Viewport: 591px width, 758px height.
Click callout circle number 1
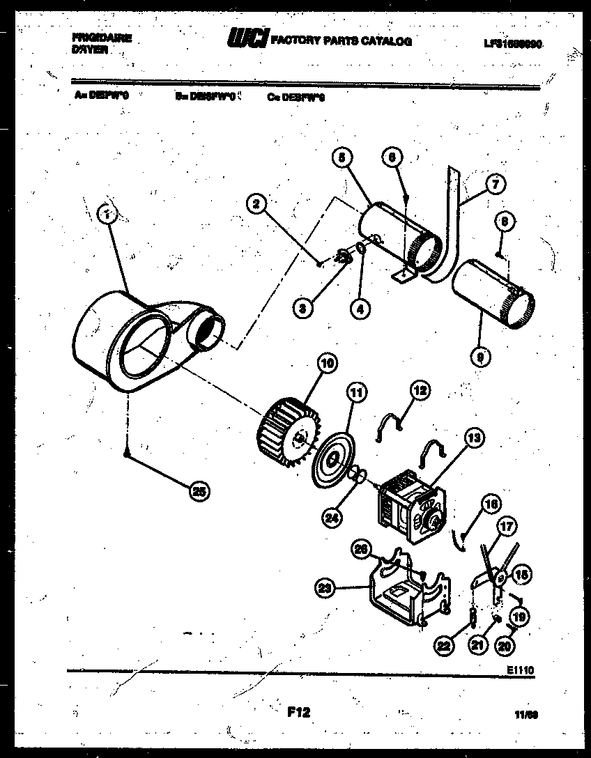coord(107,215)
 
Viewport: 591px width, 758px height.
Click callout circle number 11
coord(356,394)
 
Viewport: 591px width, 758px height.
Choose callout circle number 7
coord(494,187)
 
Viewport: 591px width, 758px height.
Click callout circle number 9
coord(480,358)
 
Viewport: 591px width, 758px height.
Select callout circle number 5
coord(341,158)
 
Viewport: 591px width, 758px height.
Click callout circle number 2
coord(257,203)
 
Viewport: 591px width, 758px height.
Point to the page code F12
coord(298,712)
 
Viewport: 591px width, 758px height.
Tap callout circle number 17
coord(505,527)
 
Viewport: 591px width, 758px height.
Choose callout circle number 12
coord(419,392)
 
